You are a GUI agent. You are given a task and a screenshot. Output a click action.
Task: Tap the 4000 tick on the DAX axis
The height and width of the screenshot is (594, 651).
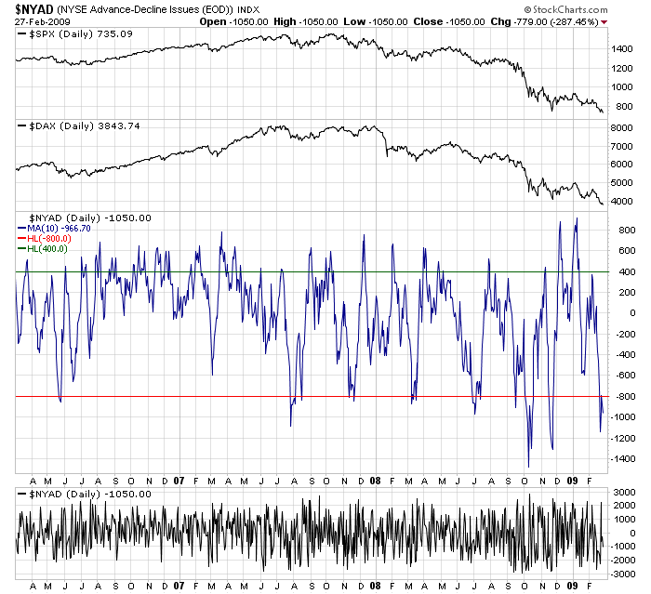(x=623, y=201)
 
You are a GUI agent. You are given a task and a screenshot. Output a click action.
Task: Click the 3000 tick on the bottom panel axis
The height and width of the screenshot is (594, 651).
(x=623, y=491)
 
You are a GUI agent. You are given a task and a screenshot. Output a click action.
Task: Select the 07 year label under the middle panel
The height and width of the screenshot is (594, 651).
(x=179, y=481)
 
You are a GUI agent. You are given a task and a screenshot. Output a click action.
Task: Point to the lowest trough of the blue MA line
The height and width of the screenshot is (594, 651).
(x=528, y=466)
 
